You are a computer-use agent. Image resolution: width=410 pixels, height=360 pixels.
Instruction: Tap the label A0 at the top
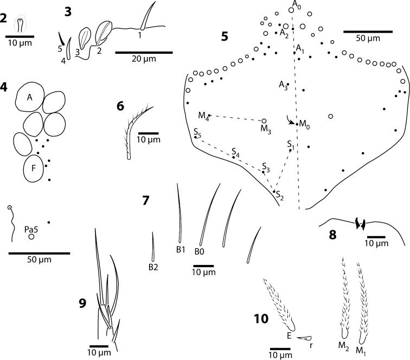coord(296,4)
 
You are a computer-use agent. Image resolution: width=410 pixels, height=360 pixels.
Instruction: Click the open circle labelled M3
coord(264,122)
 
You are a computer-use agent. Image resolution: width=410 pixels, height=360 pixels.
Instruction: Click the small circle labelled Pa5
coord(32,237)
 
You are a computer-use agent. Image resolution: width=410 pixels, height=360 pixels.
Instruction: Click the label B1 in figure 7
coord(181,250)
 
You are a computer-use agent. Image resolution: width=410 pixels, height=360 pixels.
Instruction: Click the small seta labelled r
coord(304,338)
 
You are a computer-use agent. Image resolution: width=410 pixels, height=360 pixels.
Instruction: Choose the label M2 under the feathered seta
coord(343,344)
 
